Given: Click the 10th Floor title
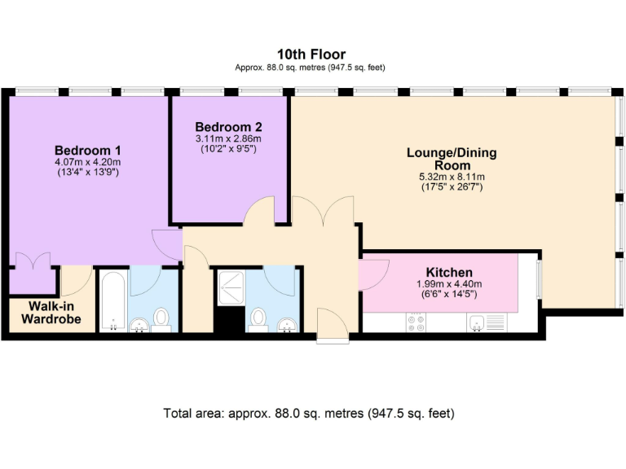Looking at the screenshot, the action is click(311, 54).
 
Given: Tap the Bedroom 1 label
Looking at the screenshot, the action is click(87, 151).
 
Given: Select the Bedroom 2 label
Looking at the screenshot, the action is click(228, 127).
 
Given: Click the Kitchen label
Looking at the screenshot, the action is click(449, 273).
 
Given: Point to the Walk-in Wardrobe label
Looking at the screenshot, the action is click(51, 313).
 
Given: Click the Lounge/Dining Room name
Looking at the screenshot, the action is click(452, 159).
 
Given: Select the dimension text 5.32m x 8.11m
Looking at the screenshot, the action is click(452, 177).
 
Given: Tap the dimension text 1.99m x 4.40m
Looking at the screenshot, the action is click(449, 284).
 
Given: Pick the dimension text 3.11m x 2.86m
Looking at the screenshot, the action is click(228, 138).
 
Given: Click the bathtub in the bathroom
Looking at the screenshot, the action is click(113, 301).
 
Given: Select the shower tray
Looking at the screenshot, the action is click(231, 288).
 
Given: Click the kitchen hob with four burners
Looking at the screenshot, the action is click(416, 322).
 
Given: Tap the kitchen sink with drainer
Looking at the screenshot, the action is click(487, 322).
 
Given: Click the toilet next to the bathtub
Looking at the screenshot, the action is click(161, 320).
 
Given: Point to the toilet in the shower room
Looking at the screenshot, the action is click(258, 320).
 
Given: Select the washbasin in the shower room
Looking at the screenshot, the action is click(288, 325).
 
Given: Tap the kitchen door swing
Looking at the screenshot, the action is click(373, 274).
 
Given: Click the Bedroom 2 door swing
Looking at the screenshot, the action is click(258, 211).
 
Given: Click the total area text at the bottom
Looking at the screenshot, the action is click(309, 413).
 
